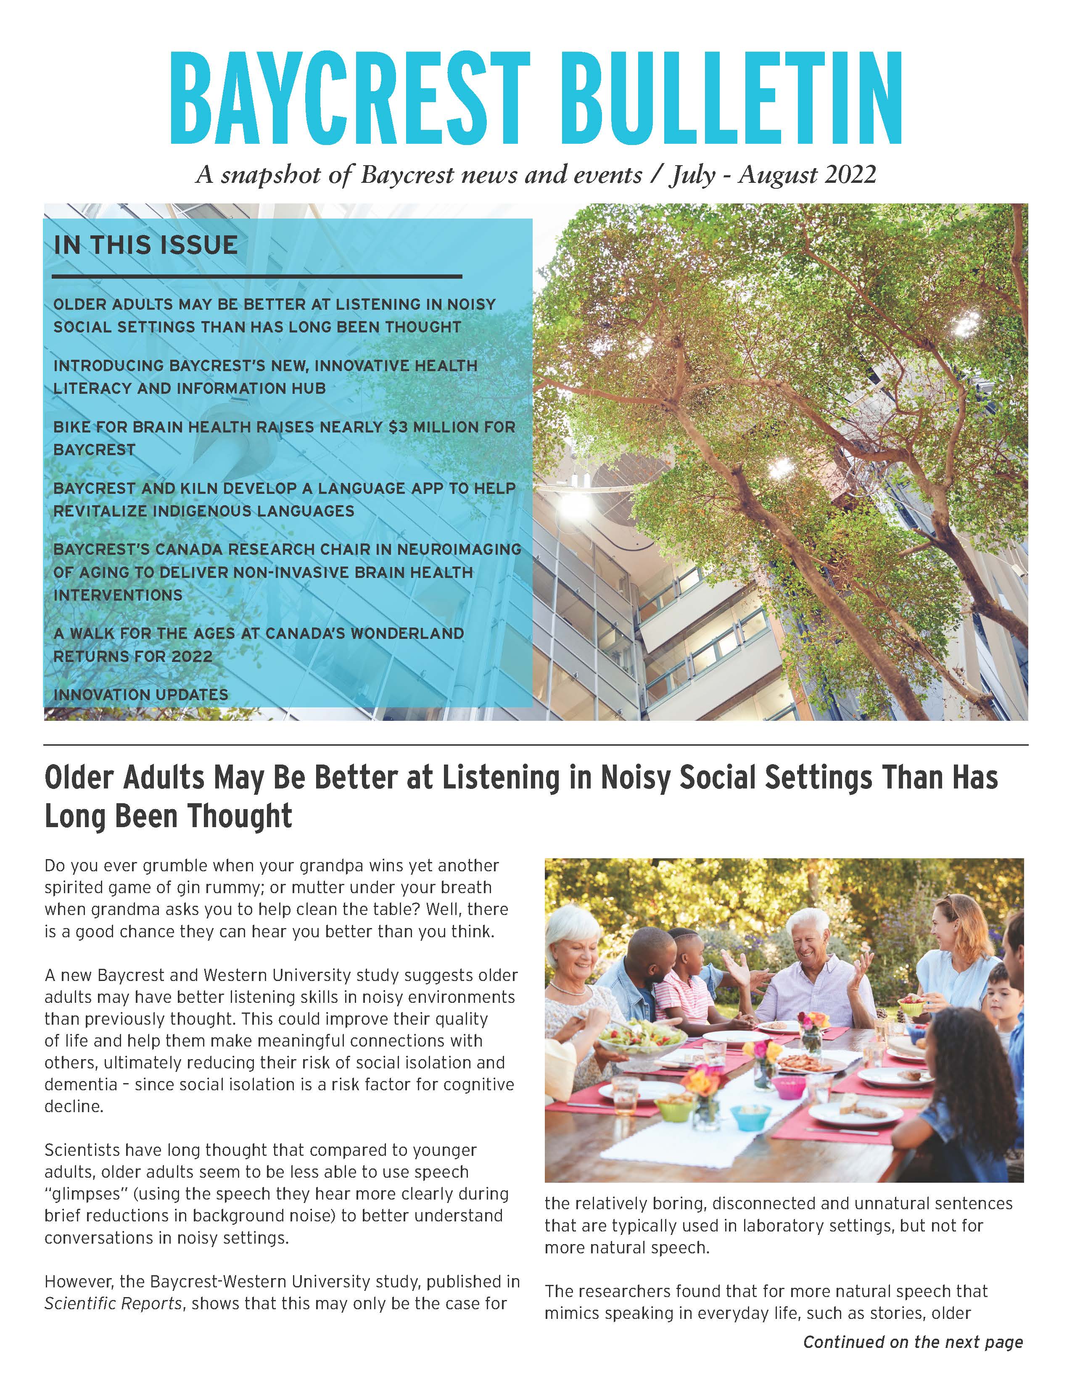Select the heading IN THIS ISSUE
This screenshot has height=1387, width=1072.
(x=145, y=245)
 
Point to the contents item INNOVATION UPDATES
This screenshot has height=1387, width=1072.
(x=140, y=695)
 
